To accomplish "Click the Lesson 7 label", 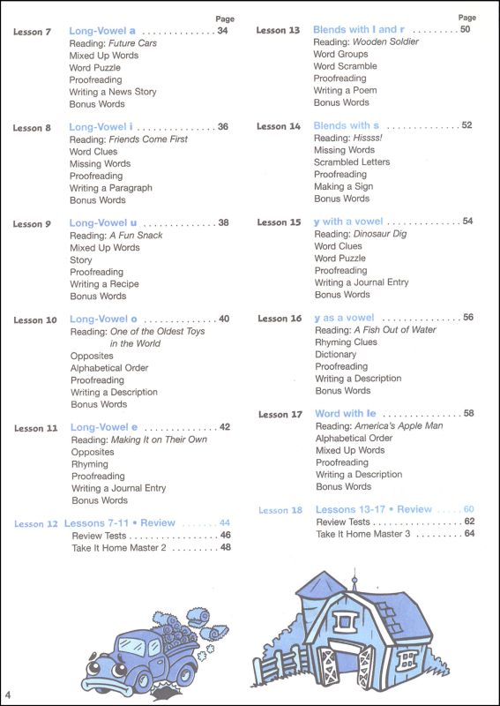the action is coord(33,32).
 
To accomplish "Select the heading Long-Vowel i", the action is coord(101,127).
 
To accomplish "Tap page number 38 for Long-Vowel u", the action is coord(223,223).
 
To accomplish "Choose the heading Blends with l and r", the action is coord(364,30).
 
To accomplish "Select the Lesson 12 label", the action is coord(35,523).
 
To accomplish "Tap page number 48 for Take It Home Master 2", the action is coord(225,547).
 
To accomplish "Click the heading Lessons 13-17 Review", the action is coord(374,509).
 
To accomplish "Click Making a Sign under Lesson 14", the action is coord(344,187).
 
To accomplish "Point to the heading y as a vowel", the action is coord(344,318).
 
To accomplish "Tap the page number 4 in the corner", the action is coord(7,688).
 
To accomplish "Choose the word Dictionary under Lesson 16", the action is coord(336,354).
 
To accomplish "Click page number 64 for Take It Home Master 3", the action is coord(469,534).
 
